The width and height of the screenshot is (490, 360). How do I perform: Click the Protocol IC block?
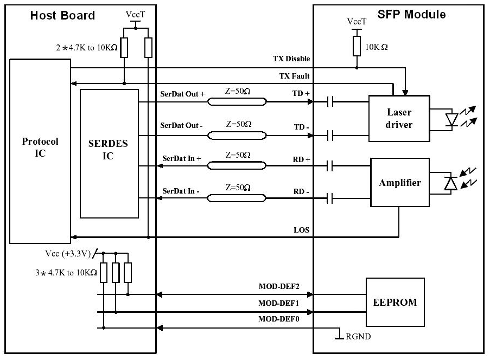click(40, 151)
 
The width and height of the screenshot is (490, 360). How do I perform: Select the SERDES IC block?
click(109, 153)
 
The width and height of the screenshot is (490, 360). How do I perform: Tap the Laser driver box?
click(399, 119)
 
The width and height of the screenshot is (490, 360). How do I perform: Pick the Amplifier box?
click(400, 182)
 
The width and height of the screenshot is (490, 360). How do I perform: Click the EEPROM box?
click(395, 302)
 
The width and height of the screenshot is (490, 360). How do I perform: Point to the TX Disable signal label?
click(291, 59)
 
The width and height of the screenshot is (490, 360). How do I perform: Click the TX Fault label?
click(294, 76)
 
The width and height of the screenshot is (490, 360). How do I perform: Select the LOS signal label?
click(301, 230)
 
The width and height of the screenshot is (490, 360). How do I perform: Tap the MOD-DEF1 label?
click(278, 303)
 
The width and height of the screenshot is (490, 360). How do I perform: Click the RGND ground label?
click(358, 337)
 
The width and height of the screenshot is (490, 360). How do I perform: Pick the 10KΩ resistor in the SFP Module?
click(357, 46)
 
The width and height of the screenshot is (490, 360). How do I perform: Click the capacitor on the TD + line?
click(330, 101)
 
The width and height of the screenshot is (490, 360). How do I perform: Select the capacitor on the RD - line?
click(330, 198)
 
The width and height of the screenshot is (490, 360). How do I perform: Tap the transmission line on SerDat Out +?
click(237, 102)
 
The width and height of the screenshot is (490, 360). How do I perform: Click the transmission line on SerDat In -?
click(237, 198)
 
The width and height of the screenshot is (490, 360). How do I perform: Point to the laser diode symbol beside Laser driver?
click(451, 120)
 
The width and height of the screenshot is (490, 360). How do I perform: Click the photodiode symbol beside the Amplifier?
click(450, 183)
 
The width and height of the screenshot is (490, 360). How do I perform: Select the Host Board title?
click(62, 15)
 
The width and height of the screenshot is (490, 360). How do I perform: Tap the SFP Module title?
click(411, 14)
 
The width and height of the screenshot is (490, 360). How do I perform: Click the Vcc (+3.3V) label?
click(68, 254)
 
